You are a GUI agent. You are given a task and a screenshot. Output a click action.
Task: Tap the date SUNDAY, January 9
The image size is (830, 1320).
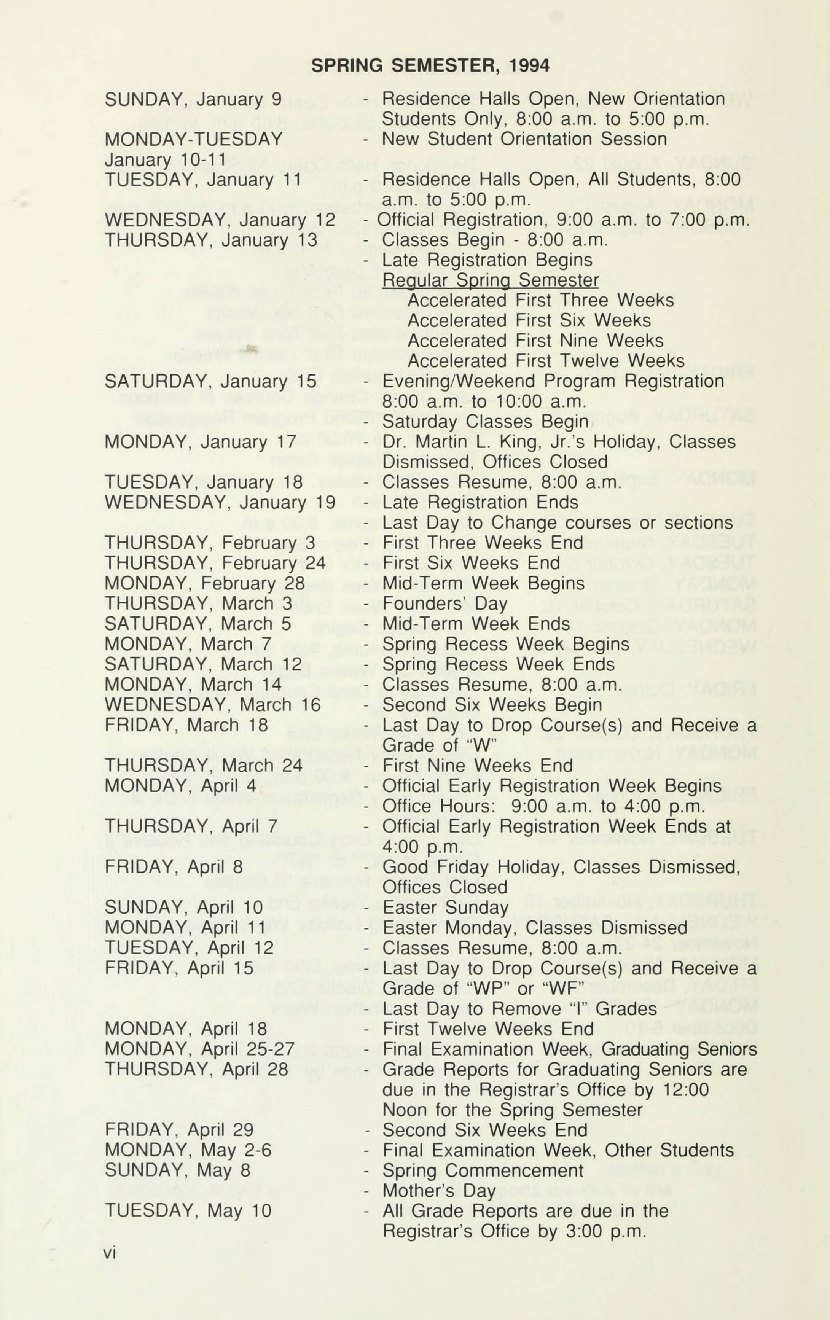click(193, 99)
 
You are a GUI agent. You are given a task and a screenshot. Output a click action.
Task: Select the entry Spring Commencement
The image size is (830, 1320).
click(483, 1170)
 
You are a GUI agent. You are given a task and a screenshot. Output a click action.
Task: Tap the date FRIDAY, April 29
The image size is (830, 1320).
click(179, 1130)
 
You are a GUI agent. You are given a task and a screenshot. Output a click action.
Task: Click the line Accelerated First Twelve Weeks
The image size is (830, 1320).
click(545, 361)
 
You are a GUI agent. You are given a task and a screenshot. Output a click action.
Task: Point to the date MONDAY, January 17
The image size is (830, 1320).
click(200, 442)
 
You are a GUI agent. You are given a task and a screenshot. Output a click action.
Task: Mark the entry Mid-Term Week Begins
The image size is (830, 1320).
click(483, 583)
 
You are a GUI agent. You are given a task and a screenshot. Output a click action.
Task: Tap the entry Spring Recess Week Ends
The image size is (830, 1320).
click(498, 664)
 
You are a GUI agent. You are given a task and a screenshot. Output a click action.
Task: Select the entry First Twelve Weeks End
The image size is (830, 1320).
click(488, 1029)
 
